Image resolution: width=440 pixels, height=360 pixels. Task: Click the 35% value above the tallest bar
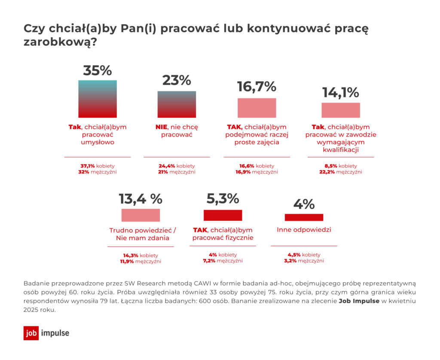tap(98, 70)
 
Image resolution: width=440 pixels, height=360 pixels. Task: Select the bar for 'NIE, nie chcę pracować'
tap(177, 104)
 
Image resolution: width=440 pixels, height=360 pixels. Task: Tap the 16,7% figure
tap(257, 87)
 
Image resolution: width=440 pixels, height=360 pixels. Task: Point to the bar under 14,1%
tap(341, 110)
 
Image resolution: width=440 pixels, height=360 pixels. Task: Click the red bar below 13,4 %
tap(141, 215)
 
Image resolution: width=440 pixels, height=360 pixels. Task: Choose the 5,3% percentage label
tap(223, 198)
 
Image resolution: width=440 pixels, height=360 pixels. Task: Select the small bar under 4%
tap(304, 217)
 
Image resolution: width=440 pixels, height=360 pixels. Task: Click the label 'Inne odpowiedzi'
tap(304, 230)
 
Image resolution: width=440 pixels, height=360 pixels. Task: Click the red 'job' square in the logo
tap(31, 333)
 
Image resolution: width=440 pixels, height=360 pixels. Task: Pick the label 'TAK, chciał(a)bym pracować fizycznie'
tap(223, 234)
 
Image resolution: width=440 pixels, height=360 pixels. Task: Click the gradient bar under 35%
tap(98, 99)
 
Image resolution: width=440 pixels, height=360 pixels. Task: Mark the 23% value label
tap(177, 80)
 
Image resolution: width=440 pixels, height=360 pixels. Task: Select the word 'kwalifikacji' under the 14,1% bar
tap(341, 150)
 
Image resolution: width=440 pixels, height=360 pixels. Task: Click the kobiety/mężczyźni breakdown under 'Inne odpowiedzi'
tap(304, 257)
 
